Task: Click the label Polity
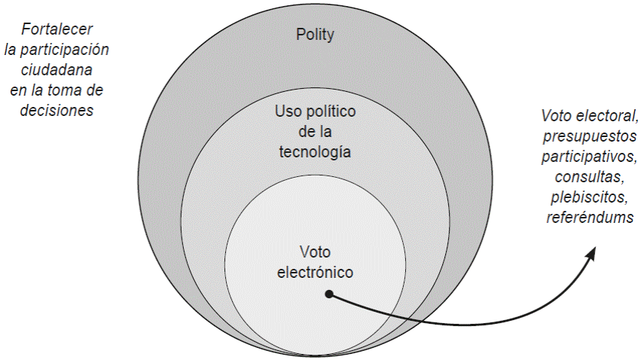(x=316, y=35)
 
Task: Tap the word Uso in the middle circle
(x=288, y=112)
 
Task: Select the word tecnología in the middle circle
(x=315, y=151)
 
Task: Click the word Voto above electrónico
(x=315, y=252)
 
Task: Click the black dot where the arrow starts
(x=328, y=294)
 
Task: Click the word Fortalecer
(x=58, y=31)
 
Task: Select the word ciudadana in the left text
(x=57, y=71)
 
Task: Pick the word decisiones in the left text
(x=57, y=110)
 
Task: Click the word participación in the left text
(x=66, y=51)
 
